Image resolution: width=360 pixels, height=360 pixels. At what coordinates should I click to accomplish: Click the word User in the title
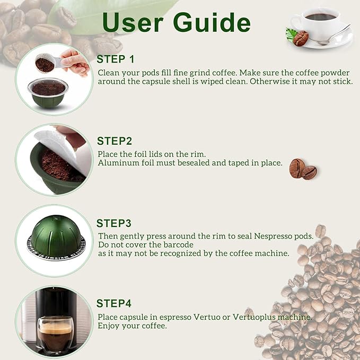133,22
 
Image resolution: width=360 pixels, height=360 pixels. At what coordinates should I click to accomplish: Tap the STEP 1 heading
115,59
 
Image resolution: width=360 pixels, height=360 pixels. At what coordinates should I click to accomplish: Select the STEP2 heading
115,141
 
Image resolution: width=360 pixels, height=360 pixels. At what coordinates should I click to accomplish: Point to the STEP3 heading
113,223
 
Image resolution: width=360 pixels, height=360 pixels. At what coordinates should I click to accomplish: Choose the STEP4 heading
113,303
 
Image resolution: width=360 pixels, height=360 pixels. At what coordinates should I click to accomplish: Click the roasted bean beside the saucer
301,38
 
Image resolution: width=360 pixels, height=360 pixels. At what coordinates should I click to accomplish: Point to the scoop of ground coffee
46,63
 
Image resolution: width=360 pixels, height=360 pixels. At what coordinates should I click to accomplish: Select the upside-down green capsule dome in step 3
56,236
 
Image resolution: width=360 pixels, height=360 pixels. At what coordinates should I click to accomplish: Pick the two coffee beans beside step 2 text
303,169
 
